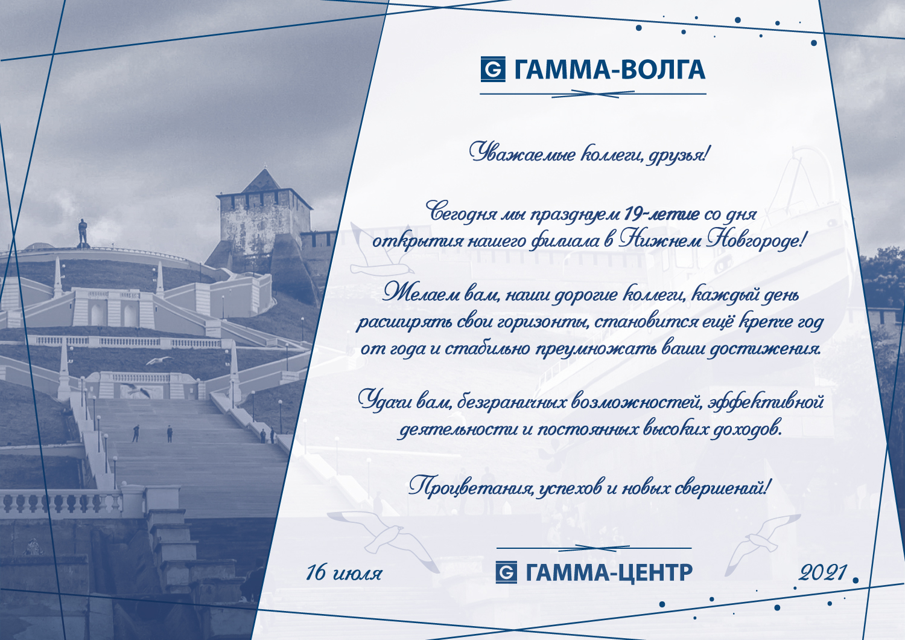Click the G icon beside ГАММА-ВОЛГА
tap(493, 69)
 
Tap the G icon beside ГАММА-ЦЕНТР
tap(506, 572)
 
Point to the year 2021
tap(822, 572)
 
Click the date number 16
tap(316, 572)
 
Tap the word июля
tap(357, 574)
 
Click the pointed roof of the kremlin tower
tap(264, 181)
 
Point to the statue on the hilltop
tap(83, 232)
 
